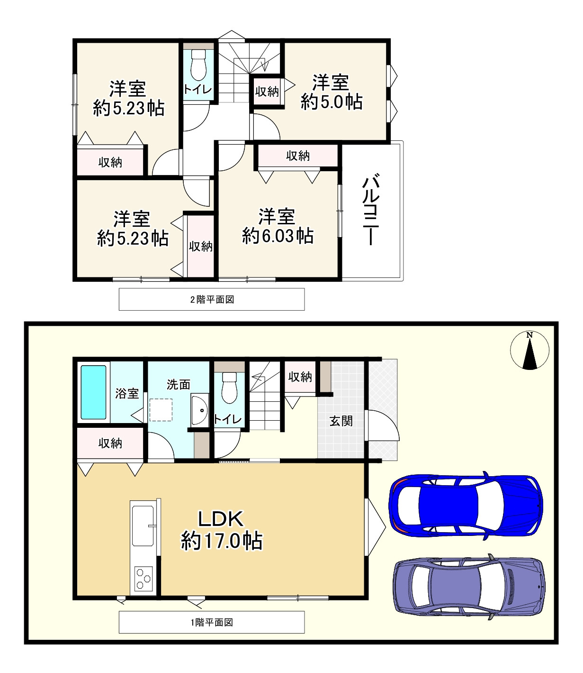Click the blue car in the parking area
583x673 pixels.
coord(466,505)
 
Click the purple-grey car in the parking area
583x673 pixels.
coord(469,587)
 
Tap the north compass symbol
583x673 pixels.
coord(529,350)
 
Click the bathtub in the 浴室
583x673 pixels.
coord(93,392)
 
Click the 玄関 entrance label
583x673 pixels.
coord(341,421)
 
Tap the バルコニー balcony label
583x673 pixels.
coord(371,211)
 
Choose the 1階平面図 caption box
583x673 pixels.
coord(212,622)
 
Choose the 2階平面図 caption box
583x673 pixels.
coord(212,299)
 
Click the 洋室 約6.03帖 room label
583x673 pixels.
coord(278,226)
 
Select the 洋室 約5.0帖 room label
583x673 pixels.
coord(332,92)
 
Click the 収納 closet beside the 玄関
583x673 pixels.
coord(300,377)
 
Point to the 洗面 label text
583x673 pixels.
coord(179,384)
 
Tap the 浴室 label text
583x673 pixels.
coord(127,393)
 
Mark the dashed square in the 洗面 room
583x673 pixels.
coord(161,410)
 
